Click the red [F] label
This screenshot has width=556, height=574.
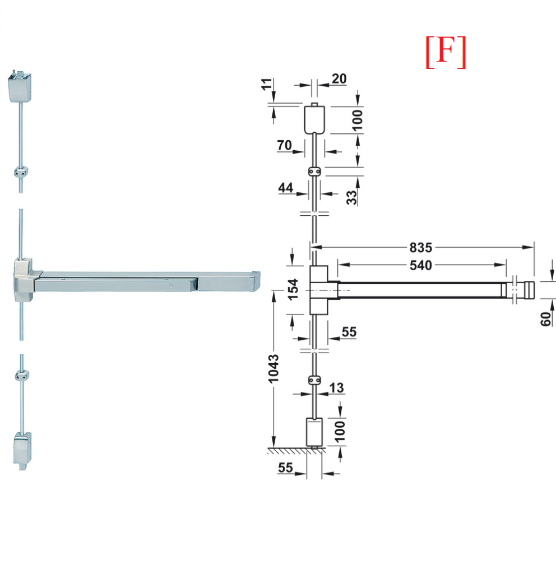point(446,52)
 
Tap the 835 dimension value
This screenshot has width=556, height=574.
point(420,248)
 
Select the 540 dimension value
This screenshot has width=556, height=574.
point(420,265)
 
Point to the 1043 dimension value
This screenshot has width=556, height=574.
point(274,369)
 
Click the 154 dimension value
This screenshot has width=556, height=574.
point(293,289)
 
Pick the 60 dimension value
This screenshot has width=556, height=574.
point(545,319)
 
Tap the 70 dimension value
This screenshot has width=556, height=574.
point(284,145)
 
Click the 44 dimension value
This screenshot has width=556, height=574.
point(285,188)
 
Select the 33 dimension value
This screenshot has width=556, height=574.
point(351,198)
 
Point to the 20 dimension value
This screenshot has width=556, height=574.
point(339,78)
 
